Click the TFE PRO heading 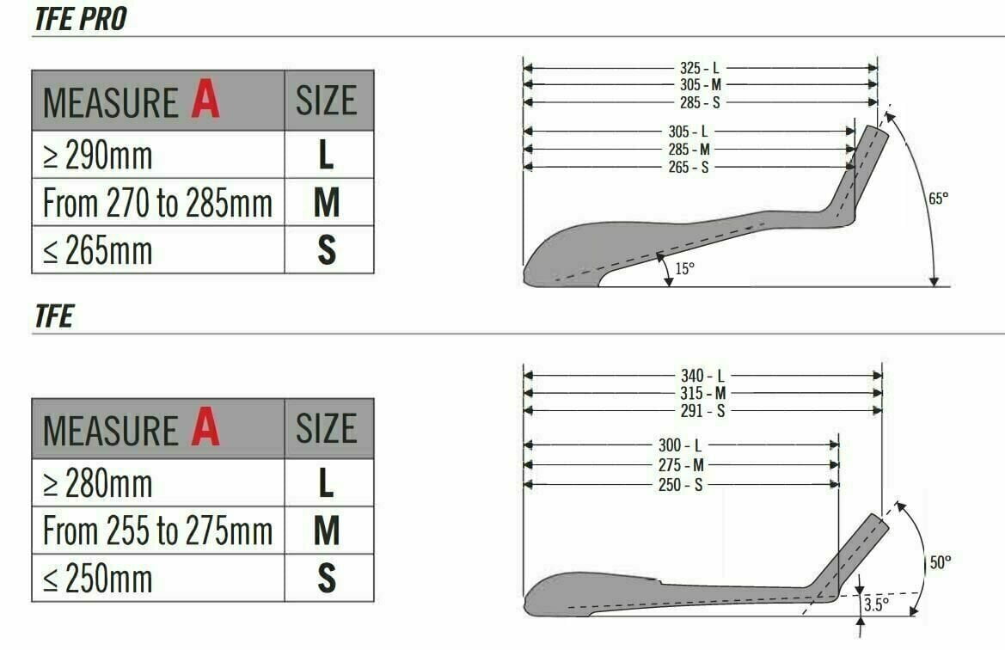[x=81, y=19]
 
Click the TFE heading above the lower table [x=54, y=316]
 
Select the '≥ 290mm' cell [x=158, y=155]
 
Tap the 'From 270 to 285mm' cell [x=158, y=203]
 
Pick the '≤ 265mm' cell [x=158, y=250]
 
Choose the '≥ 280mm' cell [x=158, y=483]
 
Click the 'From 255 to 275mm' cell [x=158, y=530]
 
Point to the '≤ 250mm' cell [x=158, y=578]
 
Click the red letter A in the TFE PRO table [x=205, y=100]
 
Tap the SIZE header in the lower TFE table [x=326, y=428]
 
